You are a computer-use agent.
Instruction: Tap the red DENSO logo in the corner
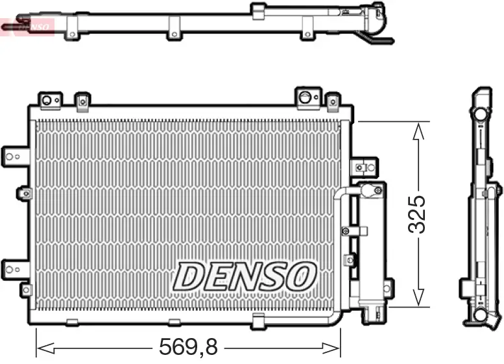point(29,27)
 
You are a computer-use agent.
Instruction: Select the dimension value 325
point(417,214)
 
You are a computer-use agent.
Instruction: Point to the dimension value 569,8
point(189,348)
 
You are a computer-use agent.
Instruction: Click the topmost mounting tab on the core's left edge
point(15,155)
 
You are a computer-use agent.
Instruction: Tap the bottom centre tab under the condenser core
point(258,319)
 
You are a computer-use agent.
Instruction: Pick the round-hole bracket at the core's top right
point(306,97)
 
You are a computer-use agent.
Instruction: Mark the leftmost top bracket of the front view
point(48,100)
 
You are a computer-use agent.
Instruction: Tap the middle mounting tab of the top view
point(174,30)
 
